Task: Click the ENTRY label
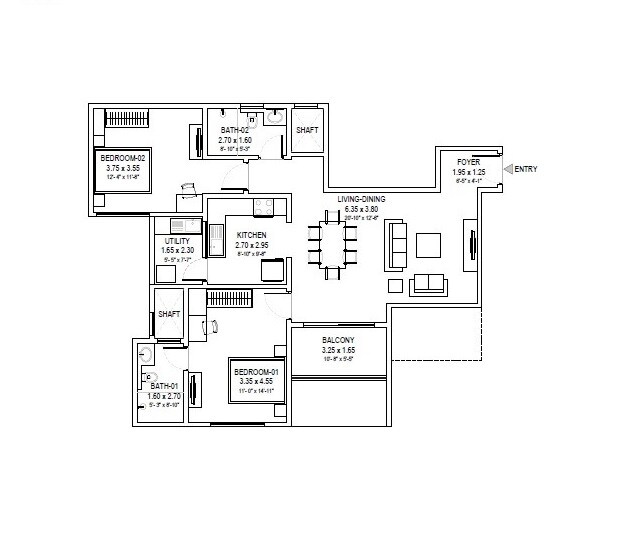(525, 169)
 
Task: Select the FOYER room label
(469, 161)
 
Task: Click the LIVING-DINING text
(361, 199)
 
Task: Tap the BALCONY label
(338, 340)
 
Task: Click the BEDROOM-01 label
(255, 371)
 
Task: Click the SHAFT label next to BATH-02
(307, 130)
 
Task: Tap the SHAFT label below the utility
(168, 314)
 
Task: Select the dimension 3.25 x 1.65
(338, 351)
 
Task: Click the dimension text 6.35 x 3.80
(361, 210)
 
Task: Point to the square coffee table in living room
(427, 244)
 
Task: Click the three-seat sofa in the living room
(397, 246)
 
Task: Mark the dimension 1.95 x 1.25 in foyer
(469, 172)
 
